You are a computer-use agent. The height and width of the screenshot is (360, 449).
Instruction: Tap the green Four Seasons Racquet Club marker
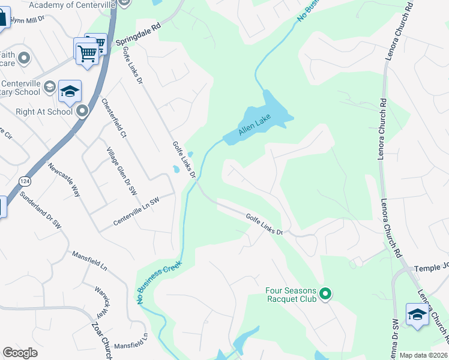tap(325, 294)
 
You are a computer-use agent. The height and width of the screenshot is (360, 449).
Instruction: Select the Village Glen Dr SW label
tap(122, 171)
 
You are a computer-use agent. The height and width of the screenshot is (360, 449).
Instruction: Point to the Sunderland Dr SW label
tap(40, 209)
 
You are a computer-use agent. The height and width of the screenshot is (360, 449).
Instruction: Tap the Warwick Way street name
tap(100, 301)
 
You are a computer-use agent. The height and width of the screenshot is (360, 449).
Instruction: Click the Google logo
tap(20, 353)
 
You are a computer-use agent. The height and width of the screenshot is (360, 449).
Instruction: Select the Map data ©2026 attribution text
tap(423, 355)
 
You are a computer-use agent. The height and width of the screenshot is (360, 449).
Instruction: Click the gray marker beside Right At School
tap(82, 111)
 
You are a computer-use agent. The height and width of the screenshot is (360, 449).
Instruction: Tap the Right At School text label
tap(44, 112)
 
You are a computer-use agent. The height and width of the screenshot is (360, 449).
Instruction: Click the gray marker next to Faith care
tap(24, 58)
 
